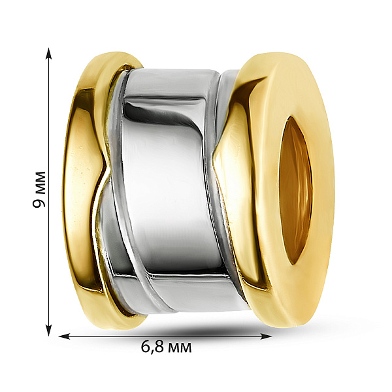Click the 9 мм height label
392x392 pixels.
[39, 189]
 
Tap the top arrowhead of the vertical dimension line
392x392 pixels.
[49, 54]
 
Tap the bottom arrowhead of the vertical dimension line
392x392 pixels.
[49, 330]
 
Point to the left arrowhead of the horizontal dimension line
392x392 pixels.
[65, 336]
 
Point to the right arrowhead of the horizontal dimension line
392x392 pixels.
[266, 336]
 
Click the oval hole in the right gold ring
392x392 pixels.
[295, 190]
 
